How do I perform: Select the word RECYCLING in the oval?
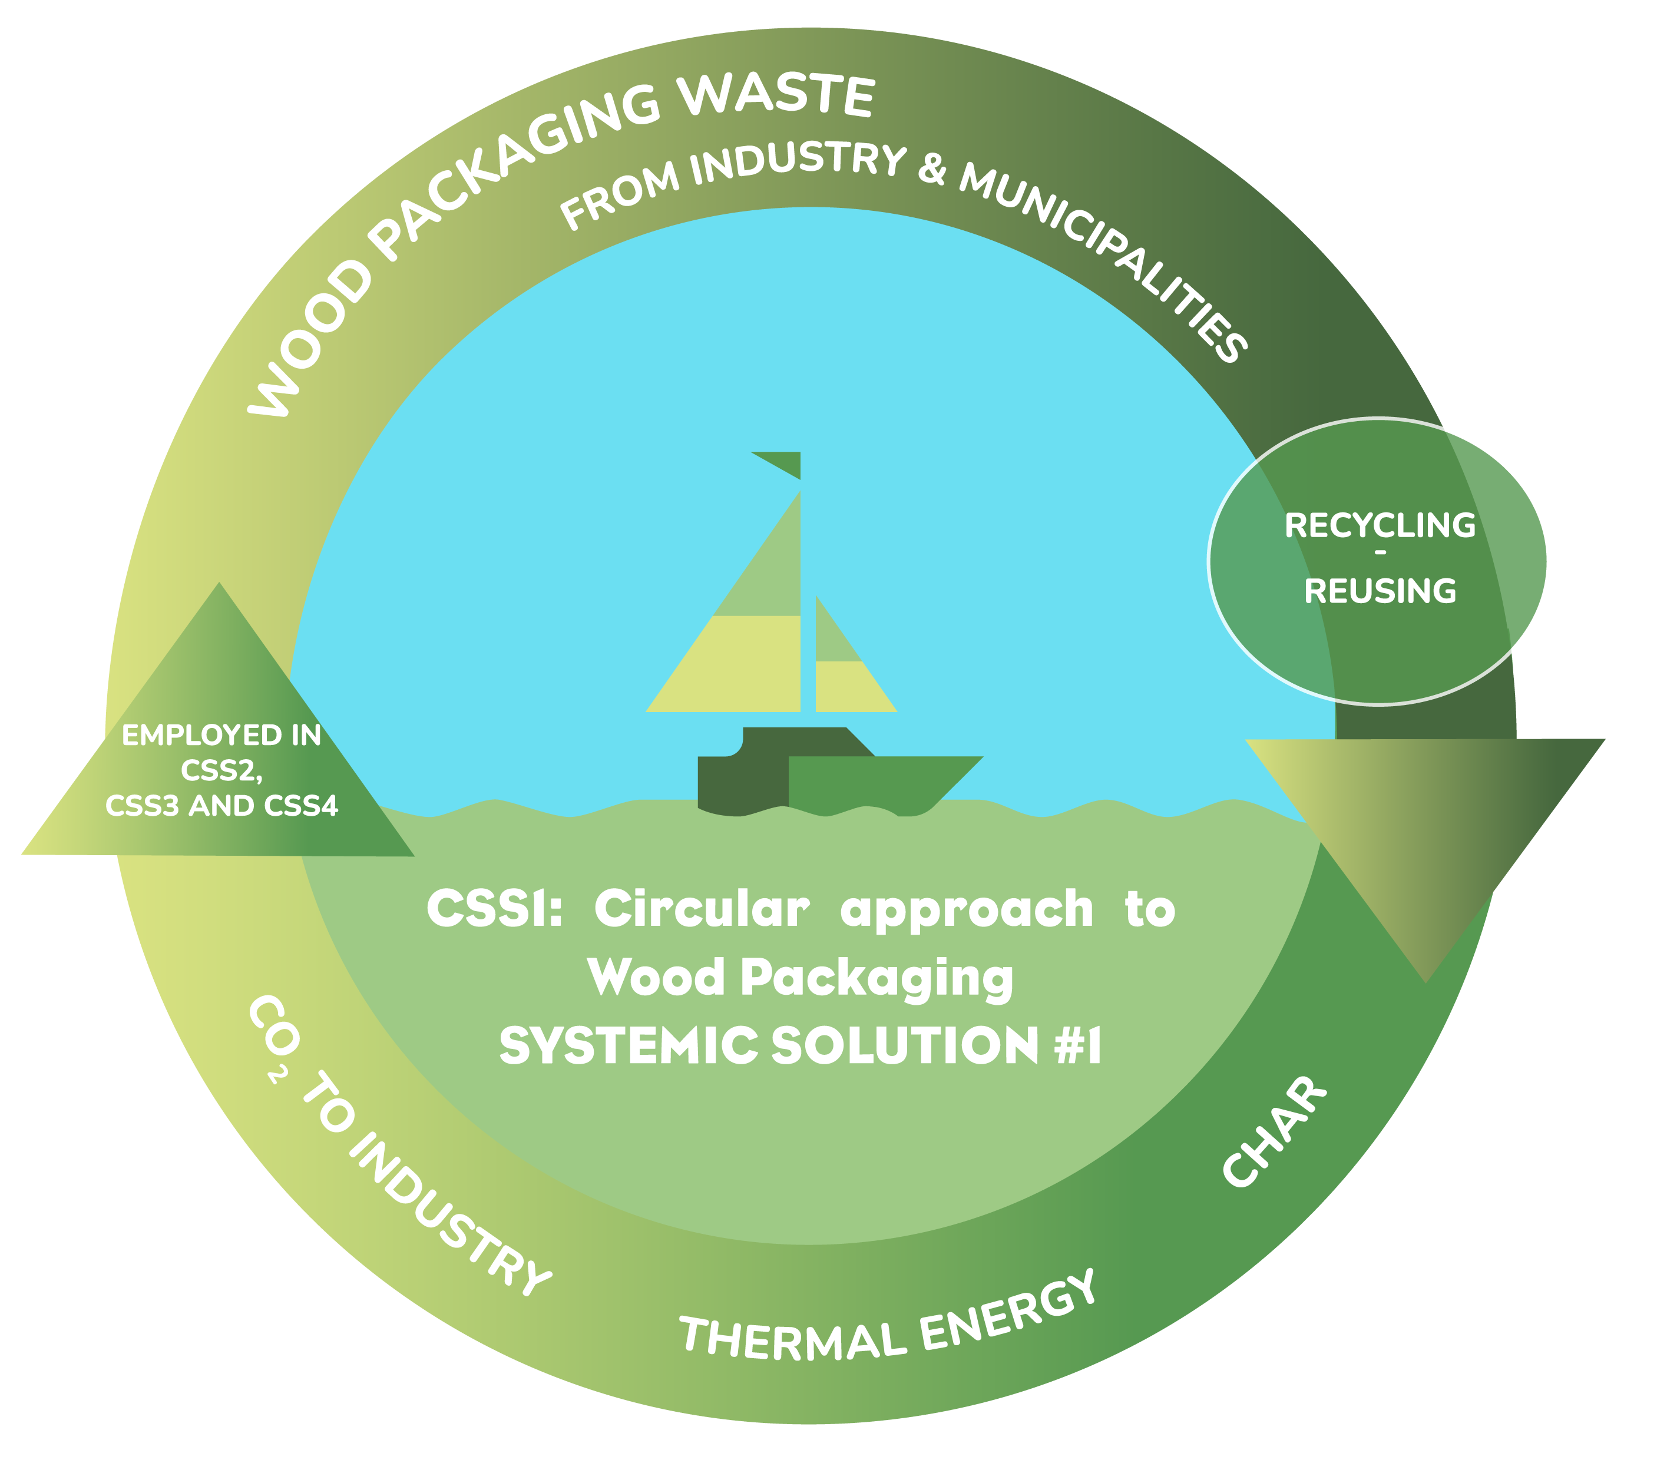(x=1380, y=526)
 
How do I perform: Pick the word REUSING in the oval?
(x=1380, y=591)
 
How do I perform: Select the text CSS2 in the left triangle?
(x=220, y=771)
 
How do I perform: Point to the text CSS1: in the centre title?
(x=494, y=909)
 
